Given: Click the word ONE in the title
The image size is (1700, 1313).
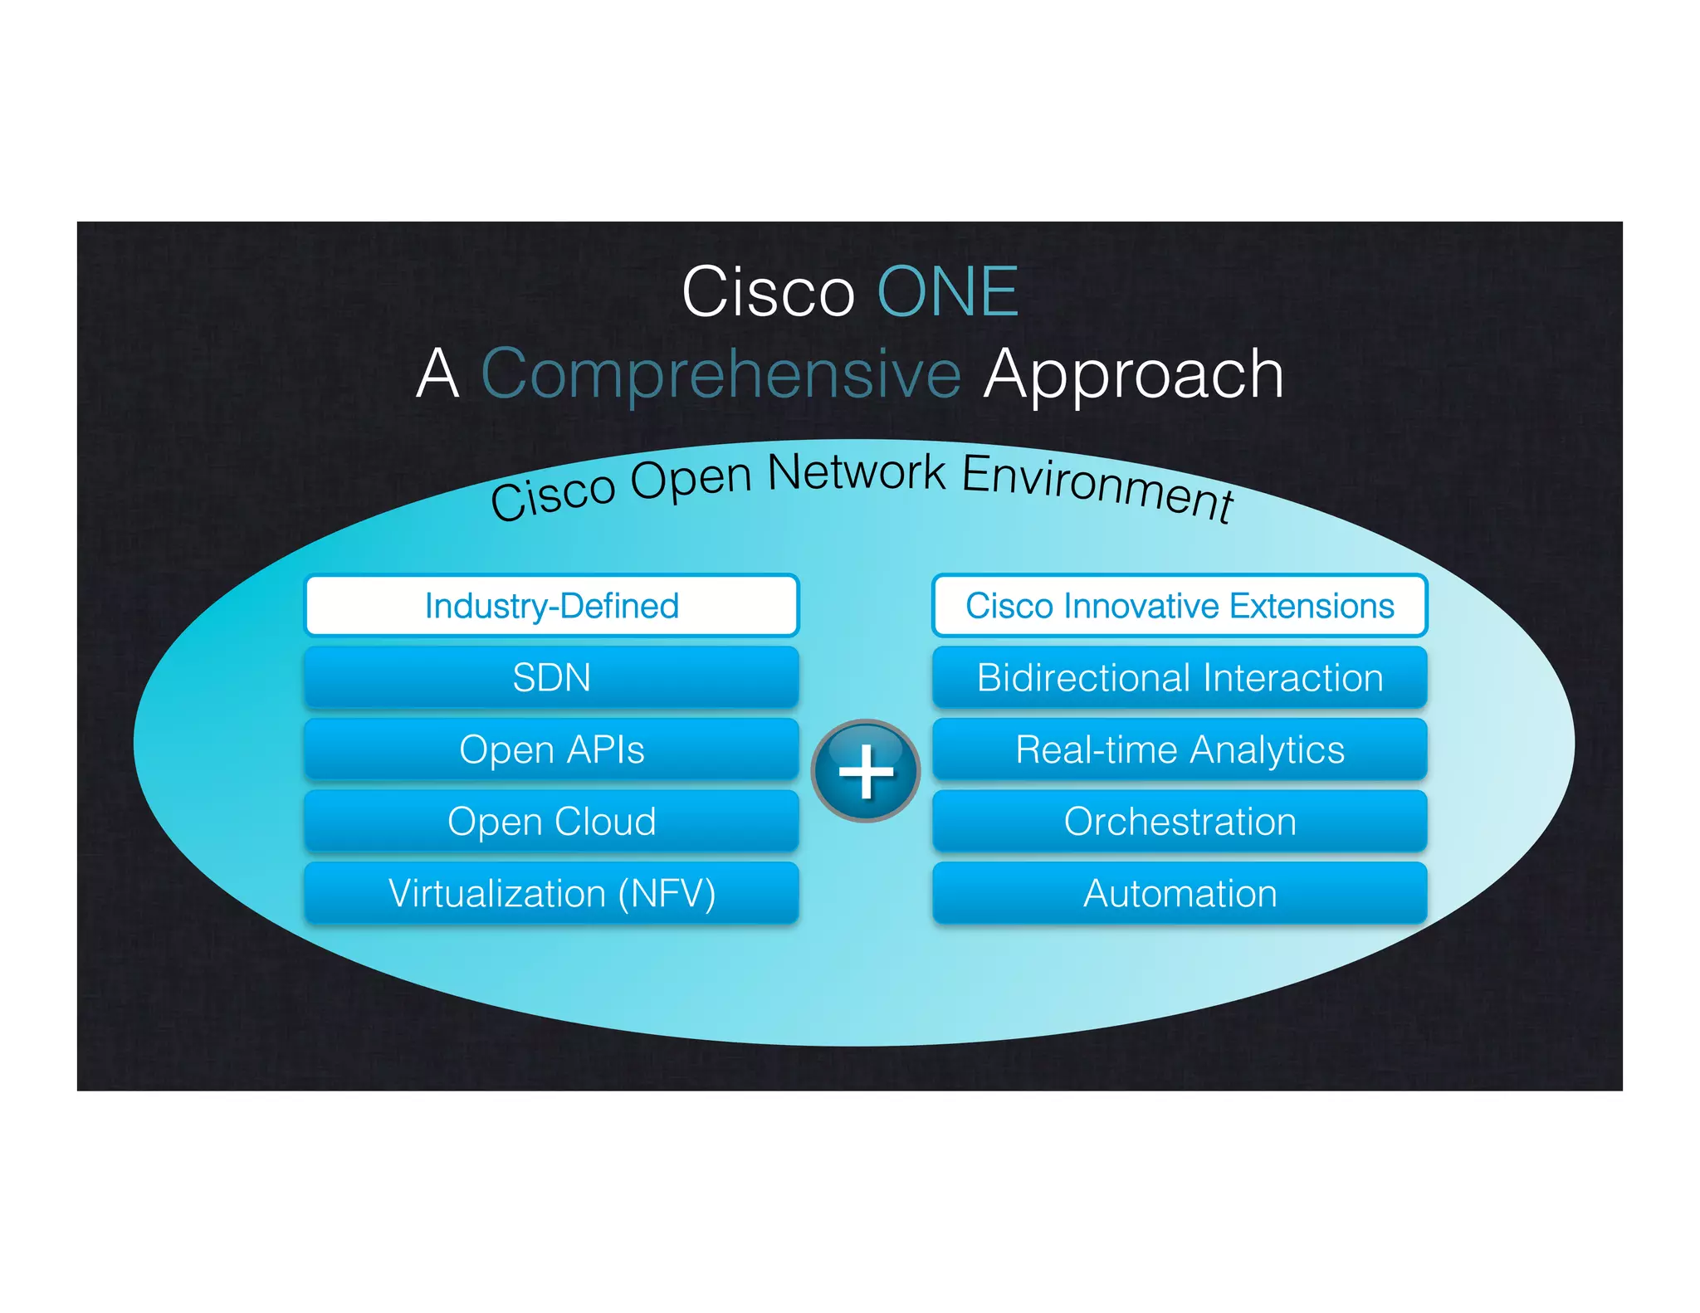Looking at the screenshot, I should pyautogui.click(x=947, y=292).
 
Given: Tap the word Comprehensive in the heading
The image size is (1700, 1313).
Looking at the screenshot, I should pyautogui.click(x=721, y=374).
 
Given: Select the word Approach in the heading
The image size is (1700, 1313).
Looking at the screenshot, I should pyautogui.click(x=1133, y=374).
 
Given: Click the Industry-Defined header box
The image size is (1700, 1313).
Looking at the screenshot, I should pyautogui.click(x=551, y=606).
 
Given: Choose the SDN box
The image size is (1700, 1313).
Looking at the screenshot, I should pyautogui.click(x=551, y=677).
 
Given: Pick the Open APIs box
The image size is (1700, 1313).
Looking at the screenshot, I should pyautogui.click(x=551, y=749).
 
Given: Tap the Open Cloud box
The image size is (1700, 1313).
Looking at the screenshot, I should pyautogui.click(x=551, y=821).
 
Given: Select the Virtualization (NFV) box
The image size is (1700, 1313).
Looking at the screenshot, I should pyautogui.click(x=551, y=893).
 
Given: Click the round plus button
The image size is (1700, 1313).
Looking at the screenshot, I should pyautogui.click(x=865, y=771).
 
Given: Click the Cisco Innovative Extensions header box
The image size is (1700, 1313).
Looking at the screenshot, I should pyautogui.click(x=1179, y=606).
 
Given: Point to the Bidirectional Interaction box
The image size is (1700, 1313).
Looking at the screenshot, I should pyautogui.click(x=1179, y=677).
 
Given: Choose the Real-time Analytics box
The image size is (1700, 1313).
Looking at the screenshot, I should pyautogui.click(x=1179, y=749).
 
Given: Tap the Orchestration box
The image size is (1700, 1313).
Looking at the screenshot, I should pyautogui.click(x=1179, y=821).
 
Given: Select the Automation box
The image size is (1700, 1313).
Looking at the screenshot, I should pyautogui.click(x=1179, y=893).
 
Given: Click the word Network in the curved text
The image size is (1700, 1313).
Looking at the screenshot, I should pyautogui.click(x=856, y=473).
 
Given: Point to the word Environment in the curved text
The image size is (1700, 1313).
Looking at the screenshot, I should pyautogui.click(x=1097, y=488).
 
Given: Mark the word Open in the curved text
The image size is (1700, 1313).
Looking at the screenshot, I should pyautogui.click(x=691, y=481).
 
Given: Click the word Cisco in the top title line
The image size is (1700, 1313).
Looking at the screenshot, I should pyautogui.click(x=768, y=292).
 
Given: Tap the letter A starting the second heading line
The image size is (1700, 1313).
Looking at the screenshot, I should pyautogui.click(x=437, y=374).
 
